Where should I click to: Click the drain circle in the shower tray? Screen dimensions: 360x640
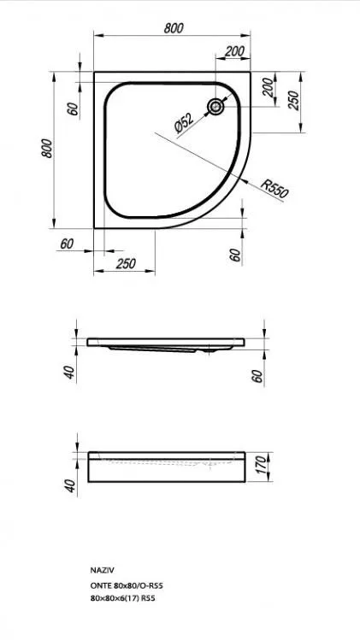[x=215, y=107]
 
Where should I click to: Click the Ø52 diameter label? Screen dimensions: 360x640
[x=184, y=123]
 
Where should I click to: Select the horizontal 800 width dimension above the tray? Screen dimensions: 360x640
[x=174, y=28]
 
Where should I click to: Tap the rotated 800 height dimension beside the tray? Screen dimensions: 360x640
[x=47, y=149]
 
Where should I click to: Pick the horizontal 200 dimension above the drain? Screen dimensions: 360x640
[x=234, y=51]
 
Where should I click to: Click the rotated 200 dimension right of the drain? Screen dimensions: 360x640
[x=268, y=87]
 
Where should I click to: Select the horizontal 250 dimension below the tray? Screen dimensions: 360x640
[x=126, y=264]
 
